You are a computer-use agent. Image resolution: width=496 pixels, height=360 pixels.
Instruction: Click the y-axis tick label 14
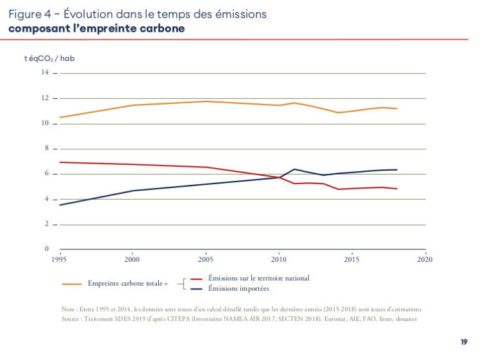pyautogui.click(x=46, y=72)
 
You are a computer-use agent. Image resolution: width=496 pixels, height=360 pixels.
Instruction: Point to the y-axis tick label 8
pyautogui.click(x=46, y=149)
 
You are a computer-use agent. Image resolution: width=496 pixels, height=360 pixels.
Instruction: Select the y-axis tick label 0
pyautogui.click(x=46, y=249)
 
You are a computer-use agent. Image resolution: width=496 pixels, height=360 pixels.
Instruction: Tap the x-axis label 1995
pyautogui.click(x=59, y=259)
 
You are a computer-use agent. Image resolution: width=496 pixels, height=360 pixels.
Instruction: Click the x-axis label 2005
pyautogui.click(x=206, y=259)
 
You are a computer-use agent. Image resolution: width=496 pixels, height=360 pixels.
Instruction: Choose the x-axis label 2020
pyautogui.click(x=425, y=259)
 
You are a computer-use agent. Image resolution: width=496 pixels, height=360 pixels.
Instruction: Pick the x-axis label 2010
pyautogui.click(x=279, y=259)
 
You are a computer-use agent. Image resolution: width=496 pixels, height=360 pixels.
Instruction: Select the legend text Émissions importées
pyautogui.click(x=238, y=288)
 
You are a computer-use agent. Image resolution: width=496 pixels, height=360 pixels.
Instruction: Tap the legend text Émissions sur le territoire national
pyautogui.click(x=258, y=278)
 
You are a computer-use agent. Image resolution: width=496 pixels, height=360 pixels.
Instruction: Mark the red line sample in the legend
pyautogui.click(x=197, y=278)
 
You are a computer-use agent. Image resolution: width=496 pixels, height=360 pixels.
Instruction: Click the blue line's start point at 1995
pyautogui.click(x=60, y=205)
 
